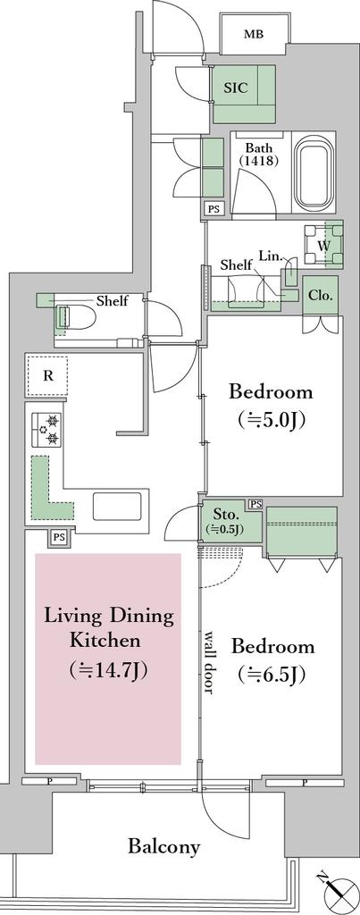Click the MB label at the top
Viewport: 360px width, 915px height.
(253, 35)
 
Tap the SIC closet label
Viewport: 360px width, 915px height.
(237, 88)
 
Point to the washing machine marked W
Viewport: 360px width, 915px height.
(322, 245)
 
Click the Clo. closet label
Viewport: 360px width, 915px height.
(321, 295)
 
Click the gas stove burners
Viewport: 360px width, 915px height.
(46, 430)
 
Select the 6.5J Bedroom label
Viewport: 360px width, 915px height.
(272, 660)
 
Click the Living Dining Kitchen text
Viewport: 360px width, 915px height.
(109, 642)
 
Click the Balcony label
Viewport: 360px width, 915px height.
(164, 845)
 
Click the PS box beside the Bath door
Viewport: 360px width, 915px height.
(213, 209)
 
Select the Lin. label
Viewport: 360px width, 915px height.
(272, 256)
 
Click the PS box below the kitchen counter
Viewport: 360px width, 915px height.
(58, 536)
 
